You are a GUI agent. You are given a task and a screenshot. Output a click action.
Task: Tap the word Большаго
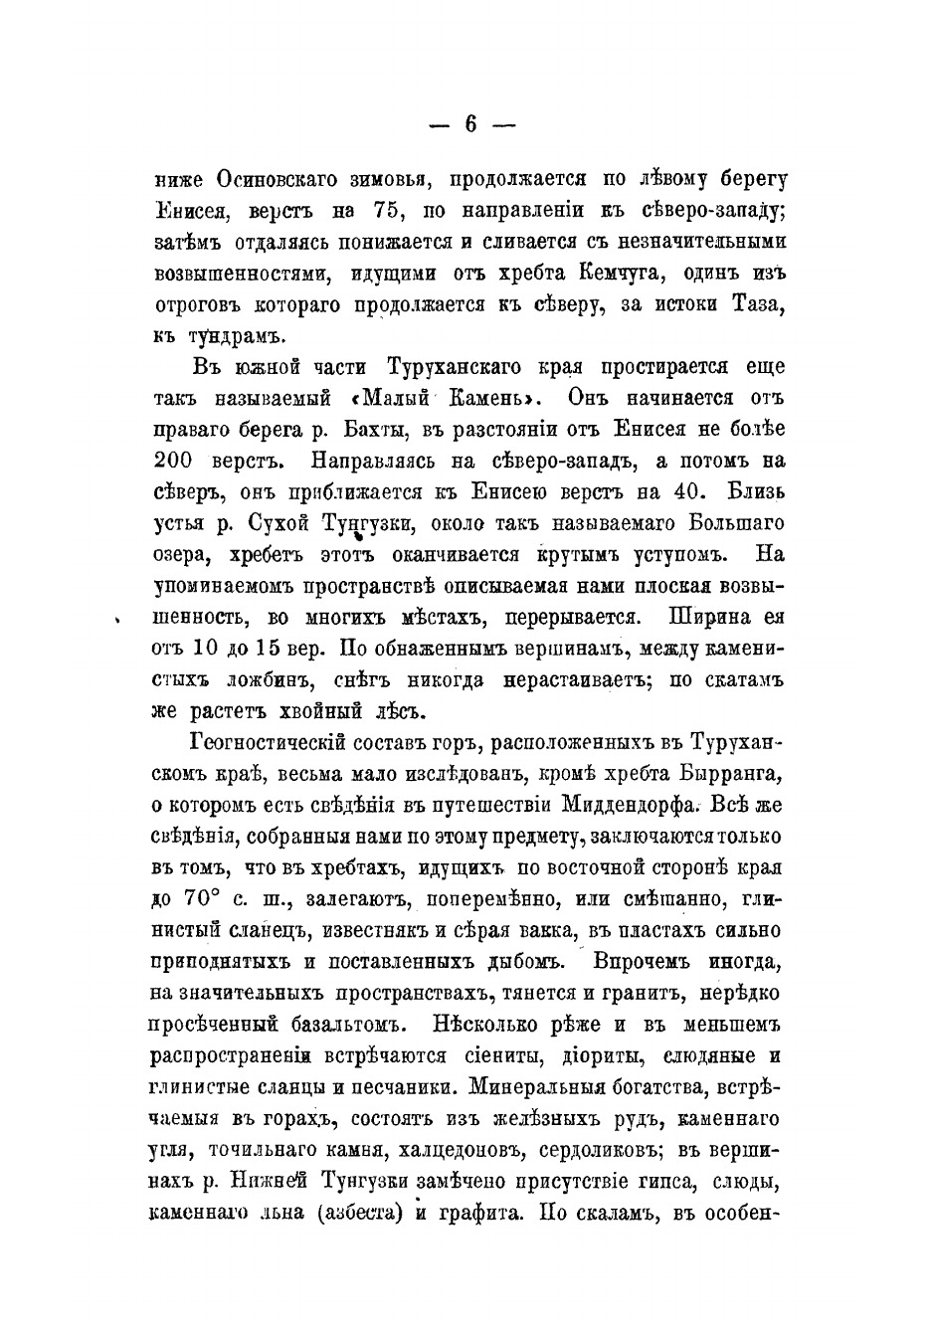pos(731,522)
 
